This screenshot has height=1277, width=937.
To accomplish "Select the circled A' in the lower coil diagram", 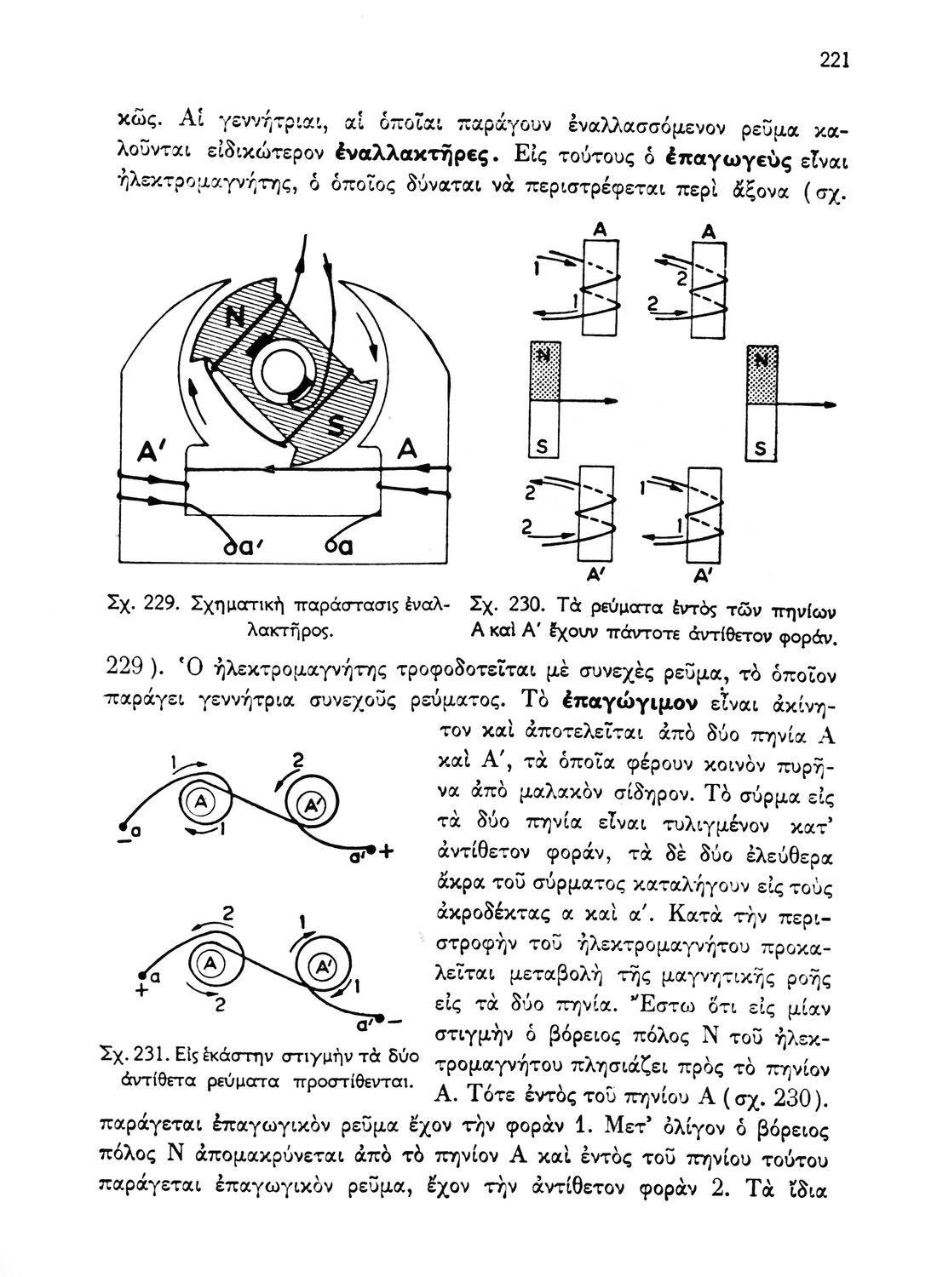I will coord(325,966).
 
